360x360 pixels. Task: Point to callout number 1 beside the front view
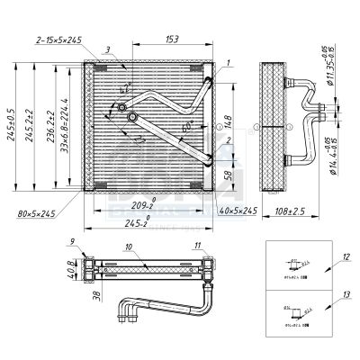[x=229, y=61]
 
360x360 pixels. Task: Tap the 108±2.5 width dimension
[x=291, y=212]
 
